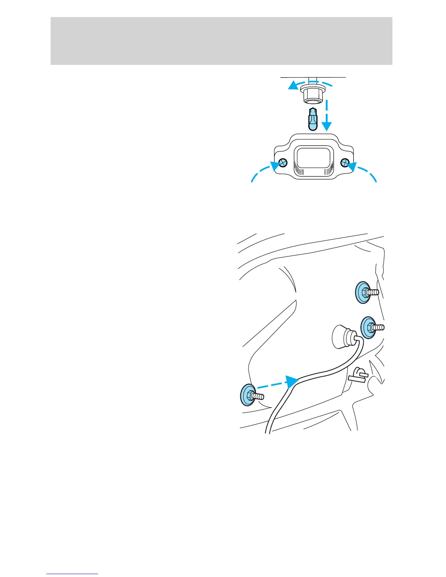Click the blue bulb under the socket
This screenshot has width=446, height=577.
[x=313, y=119]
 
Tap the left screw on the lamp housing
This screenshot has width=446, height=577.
[x=283, y=162]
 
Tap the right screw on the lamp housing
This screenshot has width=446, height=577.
[x=344, y=162]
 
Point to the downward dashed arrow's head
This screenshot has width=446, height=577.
[x=327, y=126]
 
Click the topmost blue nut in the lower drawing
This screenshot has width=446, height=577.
[x=363, y=292]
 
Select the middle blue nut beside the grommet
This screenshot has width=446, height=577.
[x=368, y=327]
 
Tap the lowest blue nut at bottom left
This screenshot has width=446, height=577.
[x=247, y=395]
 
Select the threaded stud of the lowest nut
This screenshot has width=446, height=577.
[x=258, y=396]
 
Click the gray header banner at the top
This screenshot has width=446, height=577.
[x=221, y=41]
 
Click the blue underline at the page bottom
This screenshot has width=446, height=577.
[x=72, y=574]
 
